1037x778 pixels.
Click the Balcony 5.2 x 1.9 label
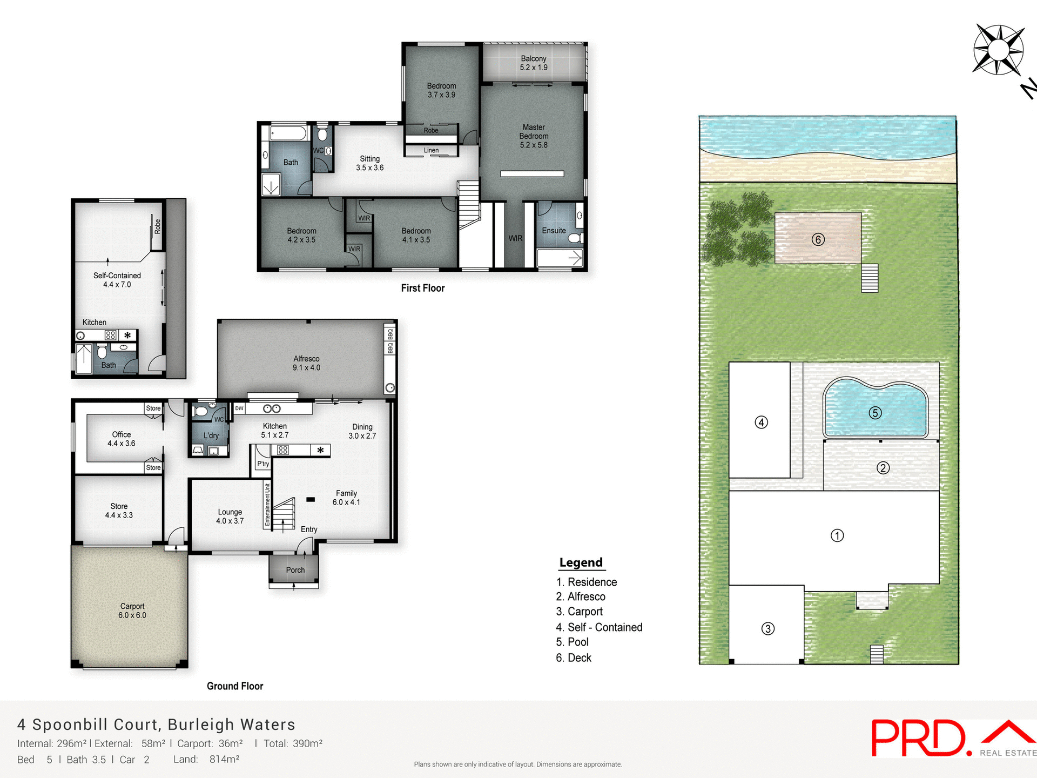534,63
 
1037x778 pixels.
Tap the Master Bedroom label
534,136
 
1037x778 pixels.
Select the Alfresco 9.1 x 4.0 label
306,363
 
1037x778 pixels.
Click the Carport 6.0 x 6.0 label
132,611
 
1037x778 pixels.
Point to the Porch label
295,570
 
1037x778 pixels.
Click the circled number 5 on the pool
875,413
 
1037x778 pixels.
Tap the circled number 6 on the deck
818,239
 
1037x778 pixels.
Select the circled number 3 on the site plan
767,628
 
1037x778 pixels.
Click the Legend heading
581,562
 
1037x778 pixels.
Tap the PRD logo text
918,739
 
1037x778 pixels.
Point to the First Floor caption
422,288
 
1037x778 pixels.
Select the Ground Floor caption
235,686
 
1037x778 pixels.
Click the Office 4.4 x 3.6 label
122,439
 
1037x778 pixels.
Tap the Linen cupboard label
431,150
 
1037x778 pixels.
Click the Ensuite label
554,231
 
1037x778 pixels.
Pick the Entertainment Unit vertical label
267,505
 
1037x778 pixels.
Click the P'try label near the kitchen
263,464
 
